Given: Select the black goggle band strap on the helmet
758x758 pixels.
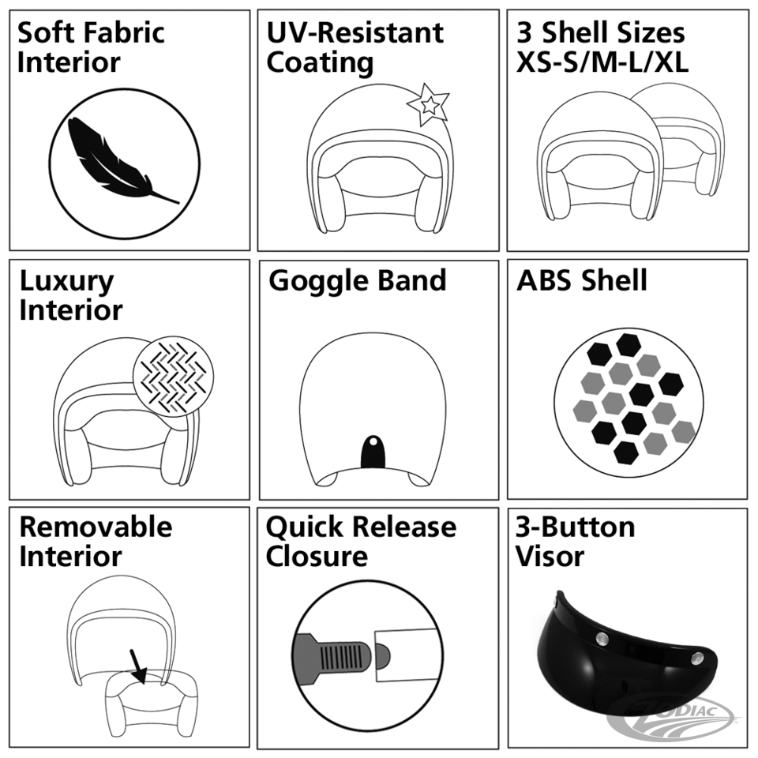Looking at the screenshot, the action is pos(373,452).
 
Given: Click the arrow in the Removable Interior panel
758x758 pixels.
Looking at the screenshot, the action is pos(138,666).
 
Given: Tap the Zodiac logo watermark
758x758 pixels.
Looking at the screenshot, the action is pos(677,721).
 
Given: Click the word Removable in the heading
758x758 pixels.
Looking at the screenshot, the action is pos(96,527).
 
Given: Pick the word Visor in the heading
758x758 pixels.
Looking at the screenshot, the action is pos(550,557).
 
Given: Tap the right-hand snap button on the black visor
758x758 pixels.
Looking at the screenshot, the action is pos(697,658).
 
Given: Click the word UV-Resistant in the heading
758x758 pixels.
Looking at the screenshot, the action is pos(355,33).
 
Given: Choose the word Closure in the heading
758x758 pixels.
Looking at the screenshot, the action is pos(317,557).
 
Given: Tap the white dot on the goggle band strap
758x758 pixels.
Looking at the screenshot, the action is pos(373,441).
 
